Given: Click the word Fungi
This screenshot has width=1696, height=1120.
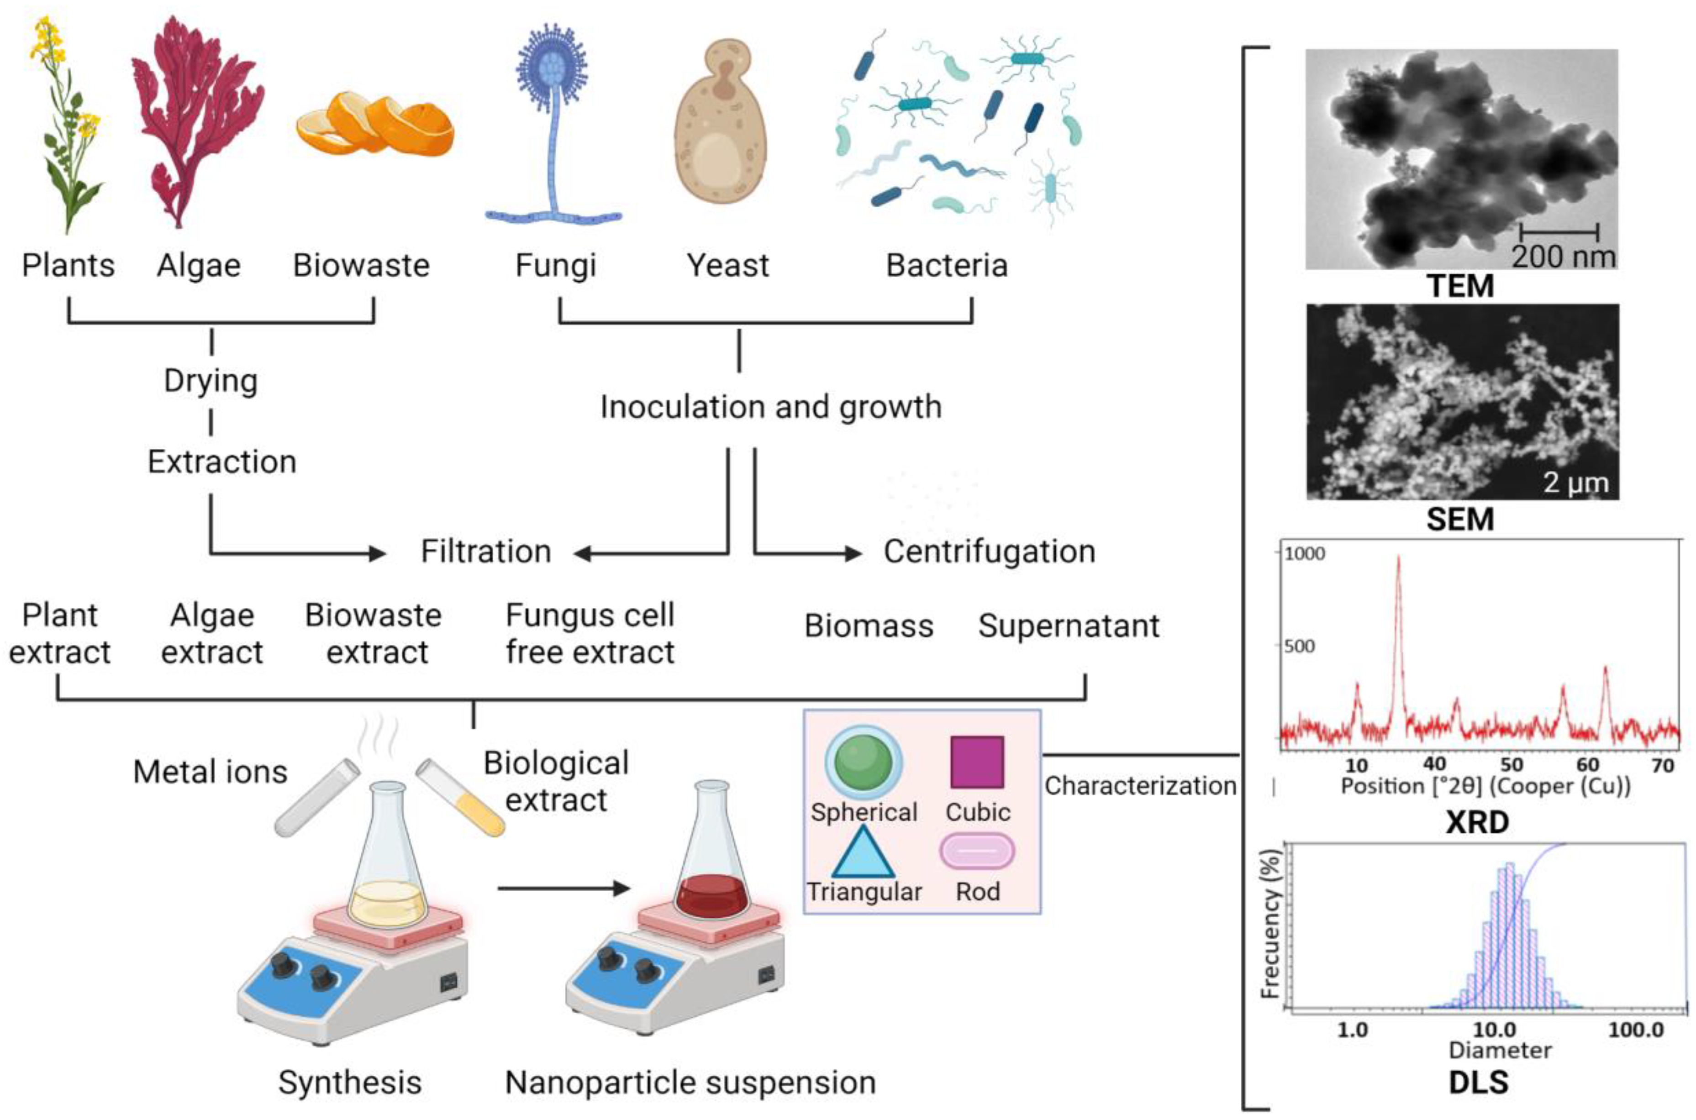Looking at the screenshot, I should pos(555,266).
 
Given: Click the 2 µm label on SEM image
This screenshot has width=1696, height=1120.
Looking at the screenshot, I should pos(1575,483).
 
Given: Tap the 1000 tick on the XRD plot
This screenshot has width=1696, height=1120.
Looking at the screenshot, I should pos(1305,553).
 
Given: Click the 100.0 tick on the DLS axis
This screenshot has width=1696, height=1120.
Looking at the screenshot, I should pos(1636,1030).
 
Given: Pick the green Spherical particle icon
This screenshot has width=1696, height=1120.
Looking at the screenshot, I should pos(864,762).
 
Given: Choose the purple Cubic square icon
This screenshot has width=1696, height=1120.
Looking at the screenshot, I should pos(977,762).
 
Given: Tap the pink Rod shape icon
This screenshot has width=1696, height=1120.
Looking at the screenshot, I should pos(977,852).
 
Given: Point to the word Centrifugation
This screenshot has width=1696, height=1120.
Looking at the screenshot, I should pos(989,552).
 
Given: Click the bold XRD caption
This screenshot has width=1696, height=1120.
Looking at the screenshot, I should pos(1477,822).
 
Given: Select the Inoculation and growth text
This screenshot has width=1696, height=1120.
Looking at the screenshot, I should pos(770,407).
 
